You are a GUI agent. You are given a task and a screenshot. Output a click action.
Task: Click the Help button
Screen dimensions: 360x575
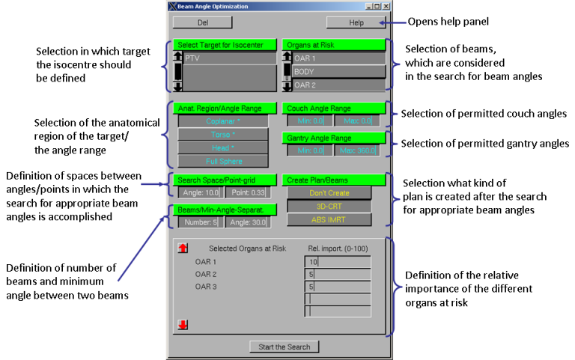(356, 22)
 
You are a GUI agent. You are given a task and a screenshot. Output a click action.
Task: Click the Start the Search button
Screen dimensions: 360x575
(284, 347)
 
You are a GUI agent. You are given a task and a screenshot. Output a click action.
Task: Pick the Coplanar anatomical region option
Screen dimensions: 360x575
(223, 120)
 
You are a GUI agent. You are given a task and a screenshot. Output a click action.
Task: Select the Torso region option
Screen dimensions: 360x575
(223, 134)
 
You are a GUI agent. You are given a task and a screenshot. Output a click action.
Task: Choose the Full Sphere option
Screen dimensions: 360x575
(223, 161)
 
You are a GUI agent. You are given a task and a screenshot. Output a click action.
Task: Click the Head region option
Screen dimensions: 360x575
(223, 147)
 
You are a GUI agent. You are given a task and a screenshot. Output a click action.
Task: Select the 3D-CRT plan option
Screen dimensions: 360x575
(329, 206)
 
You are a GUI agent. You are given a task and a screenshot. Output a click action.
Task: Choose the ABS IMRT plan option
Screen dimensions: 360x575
(329, 219)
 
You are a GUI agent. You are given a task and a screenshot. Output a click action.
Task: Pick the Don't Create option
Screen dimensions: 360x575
(329, 192)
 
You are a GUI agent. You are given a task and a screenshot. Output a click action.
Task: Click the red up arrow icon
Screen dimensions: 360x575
(183, 248)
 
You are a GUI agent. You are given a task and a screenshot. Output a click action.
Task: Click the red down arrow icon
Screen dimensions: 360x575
(183, 325)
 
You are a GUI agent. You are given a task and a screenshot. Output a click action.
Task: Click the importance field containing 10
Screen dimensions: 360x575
(338, 262)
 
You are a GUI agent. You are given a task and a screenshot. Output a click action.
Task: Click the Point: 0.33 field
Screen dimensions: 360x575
(246, 192)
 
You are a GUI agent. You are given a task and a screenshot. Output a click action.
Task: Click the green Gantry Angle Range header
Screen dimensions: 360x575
(333, 138)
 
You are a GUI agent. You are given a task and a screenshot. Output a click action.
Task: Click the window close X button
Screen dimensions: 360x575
(386, 6)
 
